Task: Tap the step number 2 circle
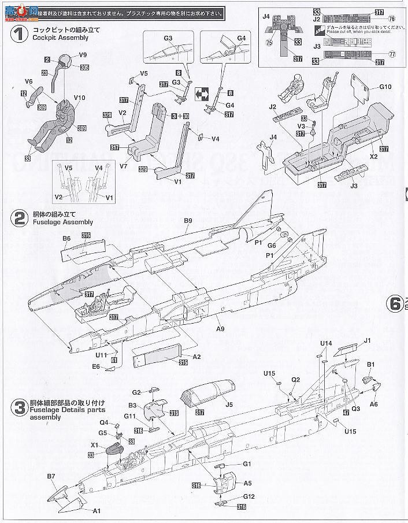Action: click(x=20, y=218)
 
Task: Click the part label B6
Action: click(x=66, y=239)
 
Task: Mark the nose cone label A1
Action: click(x=97, y=510)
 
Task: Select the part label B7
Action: click(x=50, y=476)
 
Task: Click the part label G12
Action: click(x=248, y=496)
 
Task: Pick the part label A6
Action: click(x=374, y=405)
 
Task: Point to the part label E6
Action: click(x=96, y=366)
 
